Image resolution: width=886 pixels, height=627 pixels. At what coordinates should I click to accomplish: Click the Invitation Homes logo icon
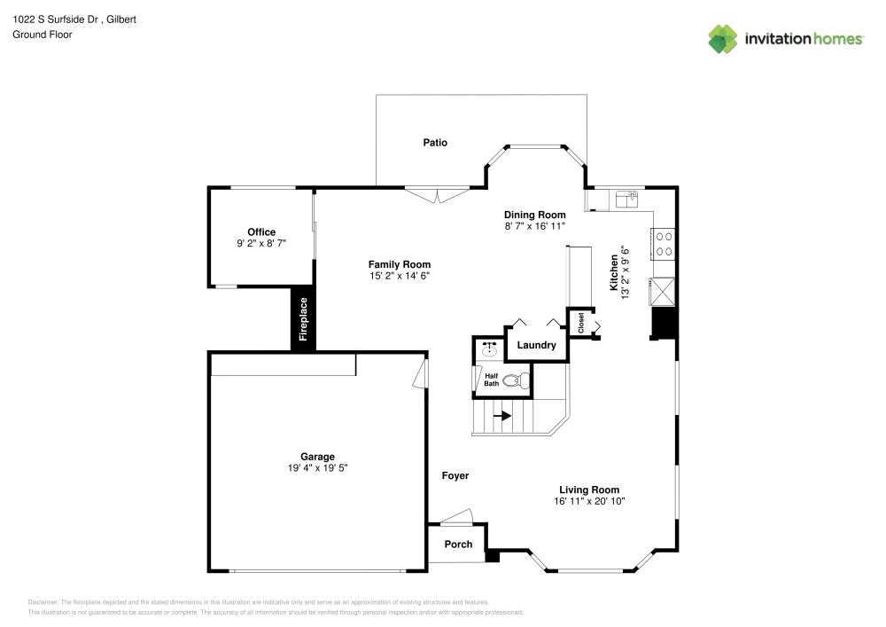(x=722, y=39)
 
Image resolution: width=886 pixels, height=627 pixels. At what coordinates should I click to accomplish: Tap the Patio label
(x=434, y=142)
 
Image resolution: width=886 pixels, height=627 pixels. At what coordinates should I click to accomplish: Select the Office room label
(x=261, y=232)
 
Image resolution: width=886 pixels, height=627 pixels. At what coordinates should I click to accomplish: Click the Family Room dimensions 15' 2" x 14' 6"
(x=400, y=276)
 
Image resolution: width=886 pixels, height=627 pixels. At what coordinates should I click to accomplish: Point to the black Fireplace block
(x=303, y=319)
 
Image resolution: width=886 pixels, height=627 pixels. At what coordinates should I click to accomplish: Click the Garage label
(x=317, y=457)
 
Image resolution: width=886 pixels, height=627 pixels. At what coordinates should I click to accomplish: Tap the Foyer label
(x=455, y=476)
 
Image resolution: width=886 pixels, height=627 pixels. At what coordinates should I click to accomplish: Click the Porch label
(x=458, y=545)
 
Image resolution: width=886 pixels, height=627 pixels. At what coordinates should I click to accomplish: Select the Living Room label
(x=589, y=490)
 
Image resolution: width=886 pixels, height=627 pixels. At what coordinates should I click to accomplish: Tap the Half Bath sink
(x=488, y=350)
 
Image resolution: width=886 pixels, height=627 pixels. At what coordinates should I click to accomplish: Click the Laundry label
(x=536, y=345)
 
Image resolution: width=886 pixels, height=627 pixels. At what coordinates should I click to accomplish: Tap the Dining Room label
(x=534, y=215)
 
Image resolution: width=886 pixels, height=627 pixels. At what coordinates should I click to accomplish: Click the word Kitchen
(x=613, y=273)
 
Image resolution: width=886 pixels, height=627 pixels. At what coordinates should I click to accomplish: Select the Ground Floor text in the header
(x=43, y=35)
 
